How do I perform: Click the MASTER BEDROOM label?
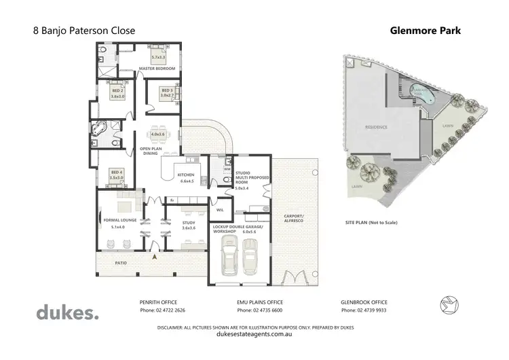click(x=157, y=69)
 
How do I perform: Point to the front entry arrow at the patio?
click(x=153, y=257)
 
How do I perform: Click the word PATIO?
click(x=121, y=262)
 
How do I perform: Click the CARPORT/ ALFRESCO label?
click(x=294, y=219)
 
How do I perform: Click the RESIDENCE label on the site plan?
click(x=376, y=127)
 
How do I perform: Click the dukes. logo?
click(x=67, y=312)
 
